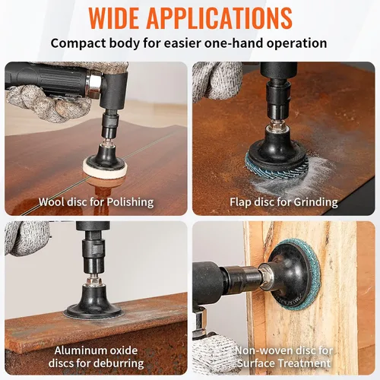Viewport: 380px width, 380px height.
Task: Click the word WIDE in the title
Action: [x=114, y=18]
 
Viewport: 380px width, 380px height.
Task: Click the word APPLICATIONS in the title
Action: [x=220, y=18]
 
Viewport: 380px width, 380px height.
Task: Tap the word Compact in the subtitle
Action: [x=78, y=43]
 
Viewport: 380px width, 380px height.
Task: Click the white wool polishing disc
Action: [x=104, y=170]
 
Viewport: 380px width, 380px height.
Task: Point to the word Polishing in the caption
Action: [x=130, y=202]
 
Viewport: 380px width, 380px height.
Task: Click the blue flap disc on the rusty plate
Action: [x=275, y=167]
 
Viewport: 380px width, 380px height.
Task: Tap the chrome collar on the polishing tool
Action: [x=93, y=81]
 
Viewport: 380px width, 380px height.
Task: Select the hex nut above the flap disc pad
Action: [x=277, y=125]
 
